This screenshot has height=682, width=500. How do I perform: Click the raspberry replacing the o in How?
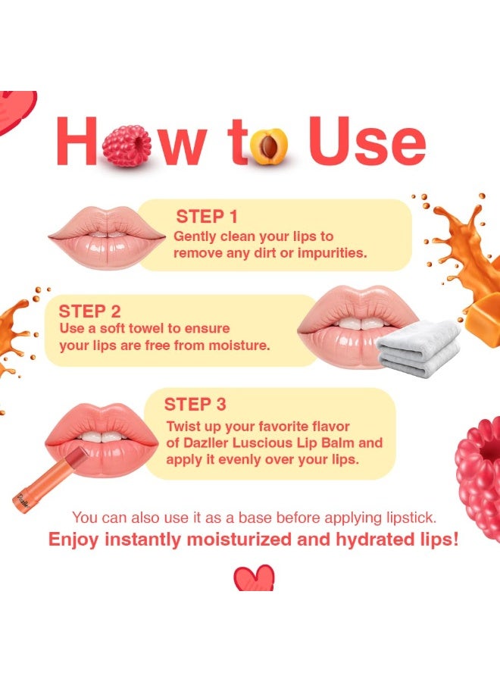click(127, 145)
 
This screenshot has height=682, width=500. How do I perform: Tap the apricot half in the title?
click(270, 147)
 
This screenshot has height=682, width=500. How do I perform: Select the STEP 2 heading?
click(89, 311)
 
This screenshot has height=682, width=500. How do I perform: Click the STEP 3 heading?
click(195, 404)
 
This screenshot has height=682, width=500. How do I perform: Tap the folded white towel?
click(418, 347)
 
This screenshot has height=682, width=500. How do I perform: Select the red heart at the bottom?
click(254, 579)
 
